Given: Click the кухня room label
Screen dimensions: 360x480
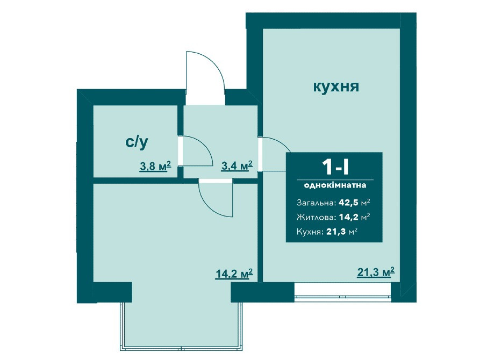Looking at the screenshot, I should pyautogui.click(x=336, y=87).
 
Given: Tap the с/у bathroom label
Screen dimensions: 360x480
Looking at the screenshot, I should pyautogui.click(x=137, y=142).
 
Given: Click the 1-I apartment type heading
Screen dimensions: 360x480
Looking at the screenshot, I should pyautogui.click(x=334, y=168).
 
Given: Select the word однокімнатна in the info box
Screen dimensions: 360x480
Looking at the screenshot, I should pyautogui.click(x=334, y=185).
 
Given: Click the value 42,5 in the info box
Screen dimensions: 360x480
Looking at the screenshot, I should pyautogui.click(x=348, y=203).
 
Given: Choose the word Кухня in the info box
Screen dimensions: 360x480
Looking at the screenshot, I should pyautogui.click(x=310, y=232).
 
